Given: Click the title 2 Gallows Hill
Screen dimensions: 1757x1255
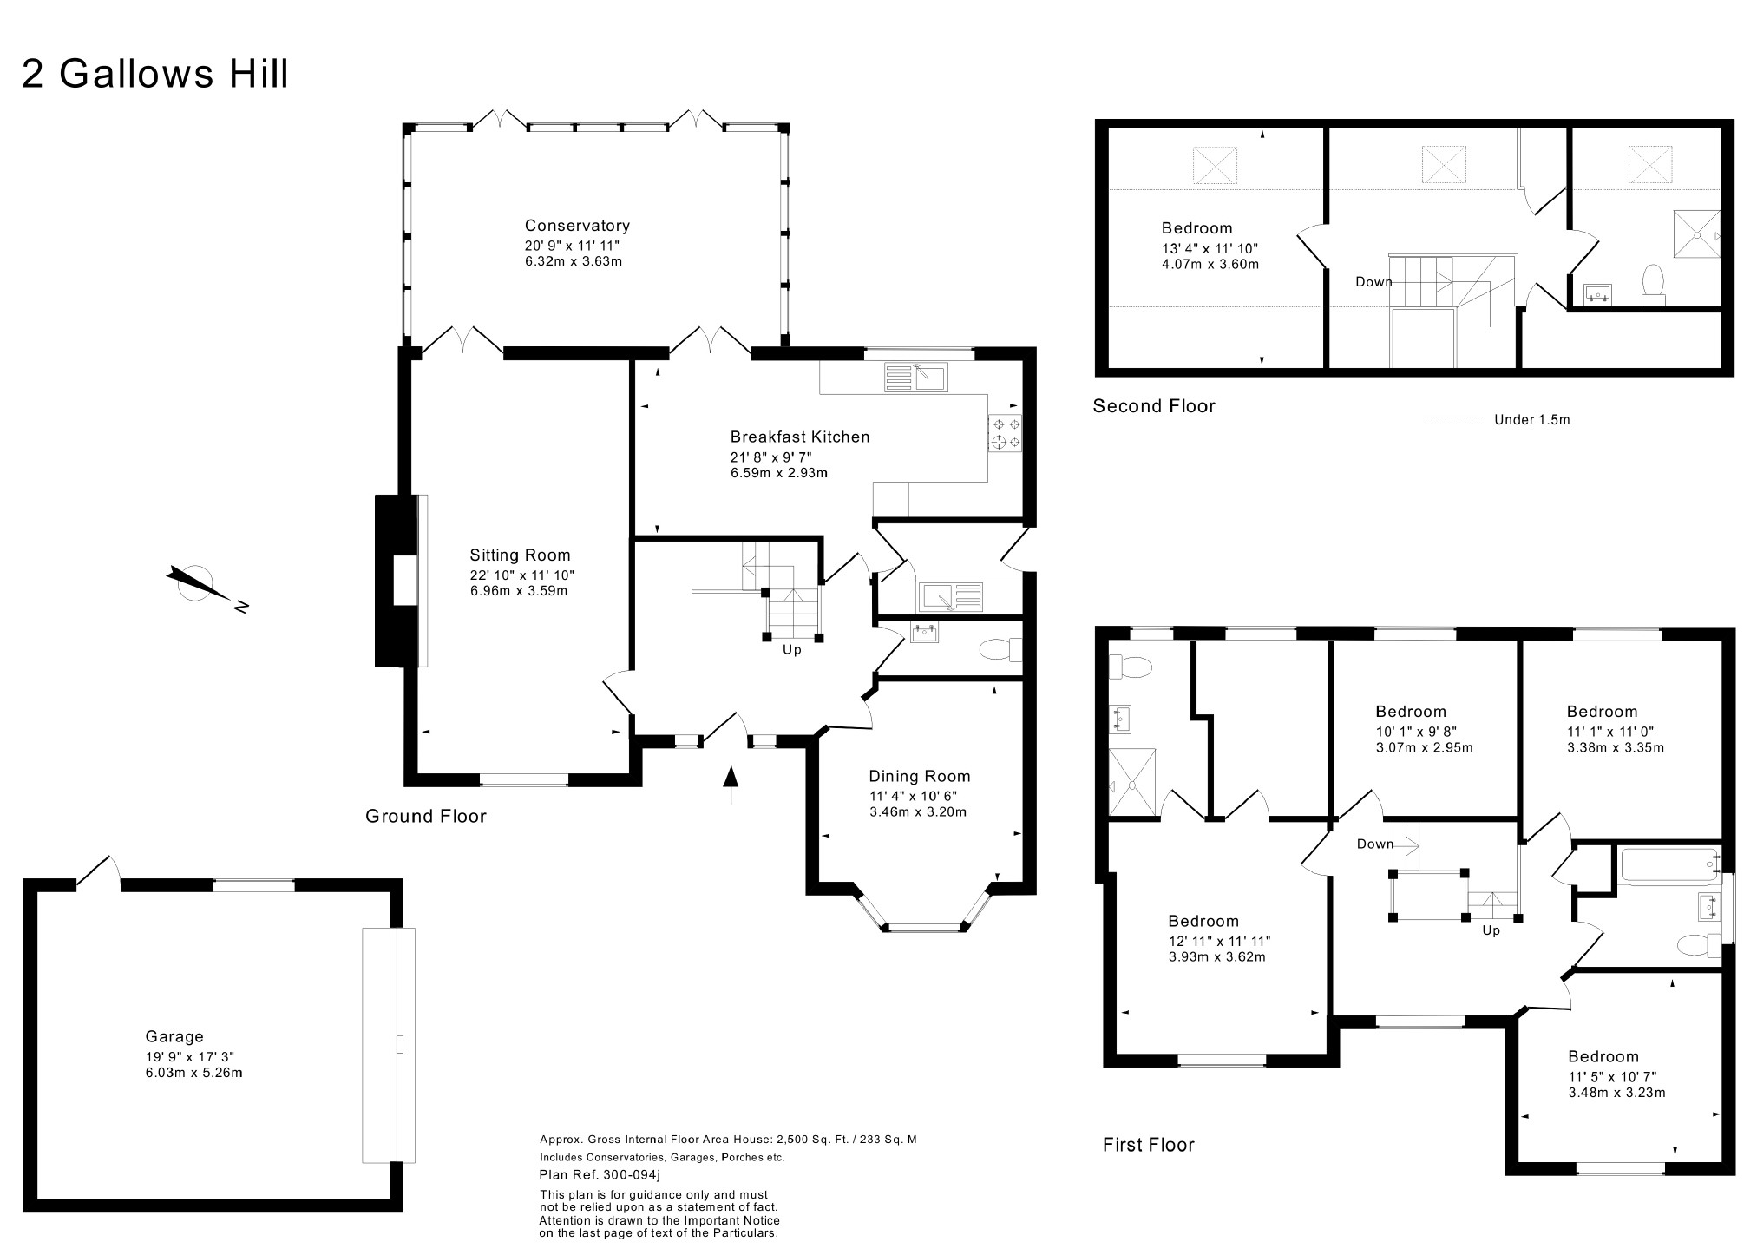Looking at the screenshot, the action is [x=154, y=74].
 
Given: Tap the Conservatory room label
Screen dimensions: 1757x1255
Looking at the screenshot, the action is [x=577, y=226].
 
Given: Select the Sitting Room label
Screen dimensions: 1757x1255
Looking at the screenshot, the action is [x=520, y=555].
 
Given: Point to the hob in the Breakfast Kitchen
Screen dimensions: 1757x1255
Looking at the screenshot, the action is [x=1005, y=433].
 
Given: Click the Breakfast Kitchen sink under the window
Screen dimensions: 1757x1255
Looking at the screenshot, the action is [x=916, y=377].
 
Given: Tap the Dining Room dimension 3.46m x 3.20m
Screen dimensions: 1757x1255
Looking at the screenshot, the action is [x=918, y=812].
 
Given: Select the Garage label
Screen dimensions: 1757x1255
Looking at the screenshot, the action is [x=174, y=1036].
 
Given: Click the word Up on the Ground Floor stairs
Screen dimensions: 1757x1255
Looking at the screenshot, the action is [x=792, y=649].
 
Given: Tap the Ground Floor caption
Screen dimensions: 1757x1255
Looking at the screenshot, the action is [x=426, y=816].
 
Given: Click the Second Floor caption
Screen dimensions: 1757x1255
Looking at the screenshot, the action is [x=1154, y=406].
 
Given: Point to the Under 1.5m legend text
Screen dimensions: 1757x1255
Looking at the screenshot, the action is [x=1532, y=420].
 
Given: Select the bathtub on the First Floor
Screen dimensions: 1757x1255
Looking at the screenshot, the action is [x=1669, y=866].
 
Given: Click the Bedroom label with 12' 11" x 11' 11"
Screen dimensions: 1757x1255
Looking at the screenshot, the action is [x=1203, y=921].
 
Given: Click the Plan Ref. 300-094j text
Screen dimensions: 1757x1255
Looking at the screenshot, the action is [x=600, y=1175].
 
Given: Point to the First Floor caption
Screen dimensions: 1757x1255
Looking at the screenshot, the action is [x=1149, y=1145].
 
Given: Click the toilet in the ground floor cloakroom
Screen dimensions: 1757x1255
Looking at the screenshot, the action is [x=1000, y=649].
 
